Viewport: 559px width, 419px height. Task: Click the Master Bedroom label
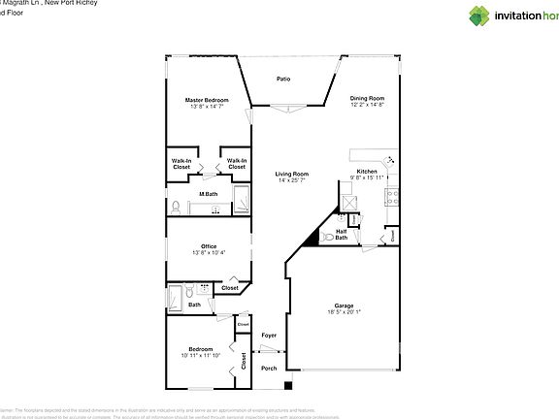(207, 100)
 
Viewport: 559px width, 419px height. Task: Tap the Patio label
(283, 79)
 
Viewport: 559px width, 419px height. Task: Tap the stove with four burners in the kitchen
(393, 196)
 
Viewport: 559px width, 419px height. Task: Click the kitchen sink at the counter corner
(390, 161)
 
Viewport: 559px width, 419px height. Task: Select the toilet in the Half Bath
(329, 237)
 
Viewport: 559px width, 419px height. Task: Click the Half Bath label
(342, 235)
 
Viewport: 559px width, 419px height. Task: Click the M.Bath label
(208, 194)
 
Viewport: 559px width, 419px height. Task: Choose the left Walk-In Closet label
(181, 164)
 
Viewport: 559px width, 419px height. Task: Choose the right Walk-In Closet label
(237, 164)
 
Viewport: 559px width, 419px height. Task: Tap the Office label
(208, 246)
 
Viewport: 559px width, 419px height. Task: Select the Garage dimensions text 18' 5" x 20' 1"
(344, 311)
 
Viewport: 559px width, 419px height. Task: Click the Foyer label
(269, 335)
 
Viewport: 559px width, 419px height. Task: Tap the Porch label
(269, 368)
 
